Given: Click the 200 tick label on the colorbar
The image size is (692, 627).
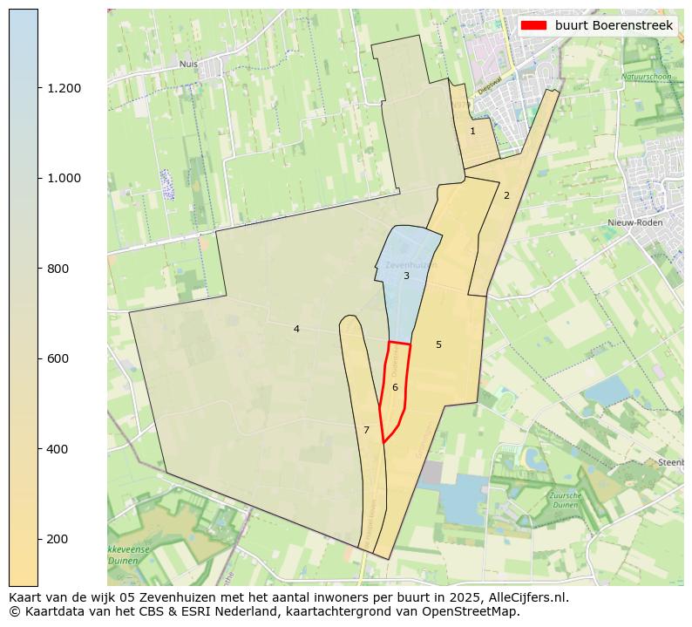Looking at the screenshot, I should [x=58, y=539].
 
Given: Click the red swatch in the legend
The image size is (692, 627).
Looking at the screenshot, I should [x=533, y=25].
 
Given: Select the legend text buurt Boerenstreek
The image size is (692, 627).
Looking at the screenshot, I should [x=614, y=25].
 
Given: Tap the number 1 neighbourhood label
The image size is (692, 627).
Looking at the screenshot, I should [x=472, y=131].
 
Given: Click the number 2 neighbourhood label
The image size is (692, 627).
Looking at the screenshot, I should [x=506, y=195].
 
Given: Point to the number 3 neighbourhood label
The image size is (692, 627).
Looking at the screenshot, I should [x=406, y=276].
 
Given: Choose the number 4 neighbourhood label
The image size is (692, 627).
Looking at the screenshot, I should [x=296, y=329].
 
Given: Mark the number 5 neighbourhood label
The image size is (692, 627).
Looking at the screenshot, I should [x=438, y=344].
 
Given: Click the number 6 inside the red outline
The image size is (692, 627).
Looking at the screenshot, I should [x=395, y=387].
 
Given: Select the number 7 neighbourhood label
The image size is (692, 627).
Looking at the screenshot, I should [x=366, y=430].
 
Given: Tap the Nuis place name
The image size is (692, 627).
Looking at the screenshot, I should [x=188, y=64].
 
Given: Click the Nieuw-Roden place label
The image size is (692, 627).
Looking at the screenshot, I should [x=634, y=222].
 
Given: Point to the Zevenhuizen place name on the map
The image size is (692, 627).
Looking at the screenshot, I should [x=409, y=263].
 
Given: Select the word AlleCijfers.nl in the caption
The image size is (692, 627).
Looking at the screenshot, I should [x=518, y=597].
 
